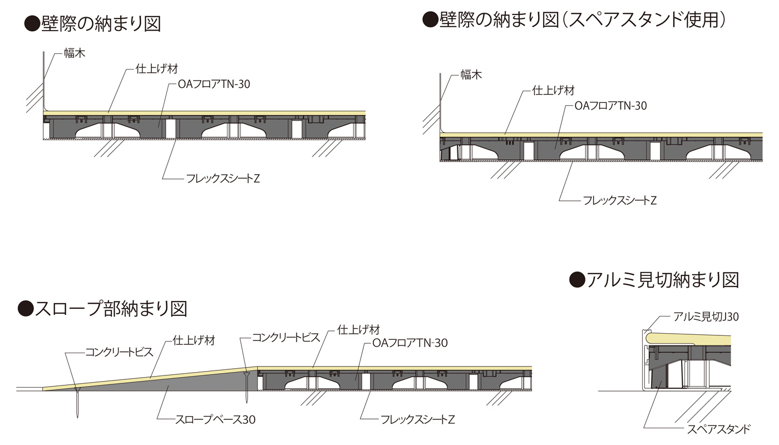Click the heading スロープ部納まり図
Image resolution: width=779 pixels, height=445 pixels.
pyautogui.click(x=111, y=309)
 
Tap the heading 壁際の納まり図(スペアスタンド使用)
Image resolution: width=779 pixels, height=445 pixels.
pyautogui.click(x=583, y=20)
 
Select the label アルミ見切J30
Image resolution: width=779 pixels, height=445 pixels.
pyautogui.click(x=706, y=317)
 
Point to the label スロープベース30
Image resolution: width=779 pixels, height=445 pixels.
pyautogui.click(x=215, y=419)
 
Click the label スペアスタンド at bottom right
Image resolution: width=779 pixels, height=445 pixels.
pyautogui.click(x=718, y=429)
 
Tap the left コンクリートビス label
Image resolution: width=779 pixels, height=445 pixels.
pyautogui.click(x=119, y=352)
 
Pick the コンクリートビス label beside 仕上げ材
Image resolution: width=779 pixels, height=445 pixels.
pyautogui.click(x=286, y=337)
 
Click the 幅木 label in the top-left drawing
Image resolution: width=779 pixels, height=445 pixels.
pyautogui.click(x=75, y=53)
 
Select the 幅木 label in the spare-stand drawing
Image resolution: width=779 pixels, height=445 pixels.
pyautogui.click(x=471, y=75)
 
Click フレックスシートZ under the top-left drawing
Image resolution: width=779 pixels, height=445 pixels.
pyautogui.click(x=223, y=179)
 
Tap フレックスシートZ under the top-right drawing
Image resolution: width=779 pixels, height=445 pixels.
pyautogui.click(x=620, y=200)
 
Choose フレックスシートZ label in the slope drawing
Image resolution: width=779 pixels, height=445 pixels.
pyautogui.click(x=418, y=419)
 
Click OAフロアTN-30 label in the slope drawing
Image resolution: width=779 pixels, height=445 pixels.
pyautogui.click(x=410, y=343)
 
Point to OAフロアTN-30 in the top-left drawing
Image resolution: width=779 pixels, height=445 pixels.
pyautogui.click(x=214, y=84)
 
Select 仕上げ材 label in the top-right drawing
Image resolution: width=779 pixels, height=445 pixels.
pyautogui.click(x=553, y=90)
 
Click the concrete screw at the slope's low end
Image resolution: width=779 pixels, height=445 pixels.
pyautogui.click(x=77, y=403)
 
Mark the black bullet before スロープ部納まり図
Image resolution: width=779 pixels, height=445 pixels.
pyautogui.click(x=26, y=309)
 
